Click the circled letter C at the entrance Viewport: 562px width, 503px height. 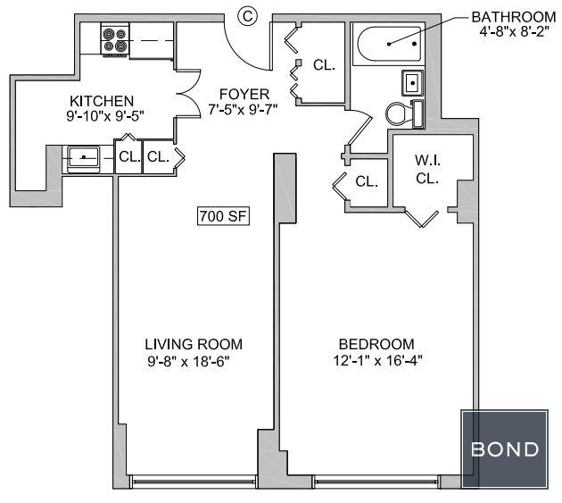248,16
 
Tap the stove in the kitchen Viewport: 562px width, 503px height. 115,39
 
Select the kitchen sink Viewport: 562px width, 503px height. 84,158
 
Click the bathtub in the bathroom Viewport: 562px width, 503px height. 389,44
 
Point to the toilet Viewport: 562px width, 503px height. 405,113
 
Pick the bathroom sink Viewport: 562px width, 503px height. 412,83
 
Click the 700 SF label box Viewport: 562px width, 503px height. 223,216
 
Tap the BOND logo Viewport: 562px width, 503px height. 505,449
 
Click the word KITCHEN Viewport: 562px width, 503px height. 102,101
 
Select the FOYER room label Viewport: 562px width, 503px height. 244,94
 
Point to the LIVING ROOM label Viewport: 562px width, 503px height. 194,344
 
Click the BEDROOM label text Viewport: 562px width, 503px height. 376,344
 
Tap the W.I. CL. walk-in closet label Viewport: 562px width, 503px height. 427,169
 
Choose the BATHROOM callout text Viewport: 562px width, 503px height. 514,17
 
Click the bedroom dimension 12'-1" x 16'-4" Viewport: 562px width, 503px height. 377,360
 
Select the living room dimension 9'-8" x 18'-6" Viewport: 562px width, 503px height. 188,361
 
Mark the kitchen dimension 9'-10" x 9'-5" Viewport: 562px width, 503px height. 105,116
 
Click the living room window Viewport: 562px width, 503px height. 193,481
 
